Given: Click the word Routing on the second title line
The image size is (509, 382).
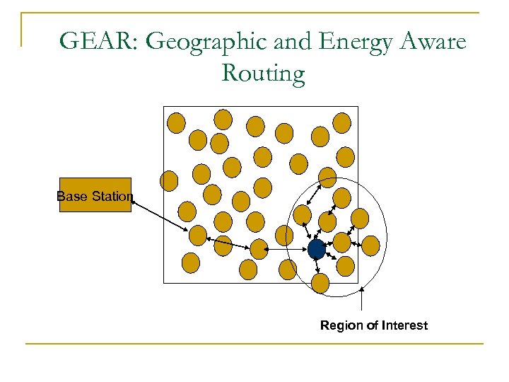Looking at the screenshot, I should pyautogui.click(x=263, y=72).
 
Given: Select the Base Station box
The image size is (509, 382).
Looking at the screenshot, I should pyautogui.click(x=95, y=195).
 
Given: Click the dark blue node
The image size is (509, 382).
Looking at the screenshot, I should pyautogui.click(x=316, y=249).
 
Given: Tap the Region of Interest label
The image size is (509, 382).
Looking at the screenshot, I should pyautogui.click(x=373, y=325).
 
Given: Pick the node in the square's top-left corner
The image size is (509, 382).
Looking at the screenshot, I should pyautogui.click(x=176, y=123).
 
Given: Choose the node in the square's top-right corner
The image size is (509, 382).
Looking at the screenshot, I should pyautogui.click(x=341, y=123).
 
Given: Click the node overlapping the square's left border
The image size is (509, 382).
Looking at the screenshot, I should pyautogui.click(x=169, y=181).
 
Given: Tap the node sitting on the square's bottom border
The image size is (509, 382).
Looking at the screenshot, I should pyautogui.click(x=320, y=283).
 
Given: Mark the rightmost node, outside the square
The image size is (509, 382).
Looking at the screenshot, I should pyautogui.click(x=370, y=245).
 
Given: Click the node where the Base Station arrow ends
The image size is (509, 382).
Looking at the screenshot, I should pyautogui.click(x=198, y=235).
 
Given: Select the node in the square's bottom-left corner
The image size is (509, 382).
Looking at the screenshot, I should pyautogui.click(x=191, y=263).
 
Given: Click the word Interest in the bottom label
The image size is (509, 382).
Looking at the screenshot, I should pyautogui.click(x=404, y=325).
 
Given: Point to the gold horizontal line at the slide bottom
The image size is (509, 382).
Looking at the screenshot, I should pyautogui.click(x=255, y=345).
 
